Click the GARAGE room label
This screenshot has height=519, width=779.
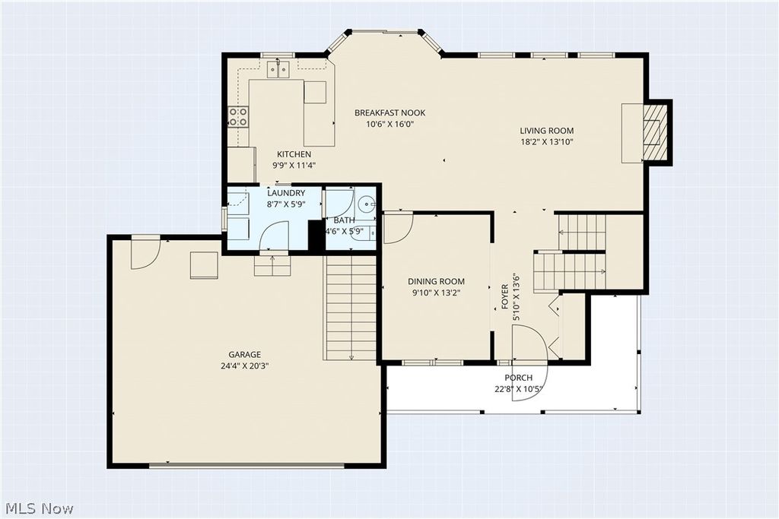coord(244,355)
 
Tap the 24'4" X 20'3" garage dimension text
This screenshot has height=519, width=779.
coord(244,366)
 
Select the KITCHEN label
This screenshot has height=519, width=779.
coord(294,154)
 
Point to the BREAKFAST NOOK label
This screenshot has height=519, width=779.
coord(390,112)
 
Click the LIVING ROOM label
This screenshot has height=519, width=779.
coord(547,131)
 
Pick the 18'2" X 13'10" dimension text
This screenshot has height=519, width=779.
coord(547,142)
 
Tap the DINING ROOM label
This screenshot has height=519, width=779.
coord(436,281)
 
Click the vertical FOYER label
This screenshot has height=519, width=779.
coord(505,296)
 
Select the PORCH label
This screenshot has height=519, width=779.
coord(519,378)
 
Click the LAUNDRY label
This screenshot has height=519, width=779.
coord(286,193)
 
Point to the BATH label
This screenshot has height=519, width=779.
coord(345,220)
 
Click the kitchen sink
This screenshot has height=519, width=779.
coord(278,69)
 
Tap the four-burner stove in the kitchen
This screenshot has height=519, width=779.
coord(238,117)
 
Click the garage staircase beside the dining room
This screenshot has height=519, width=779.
coord(350,308)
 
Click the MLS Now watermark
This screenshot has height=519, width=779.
coord(40,508)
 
